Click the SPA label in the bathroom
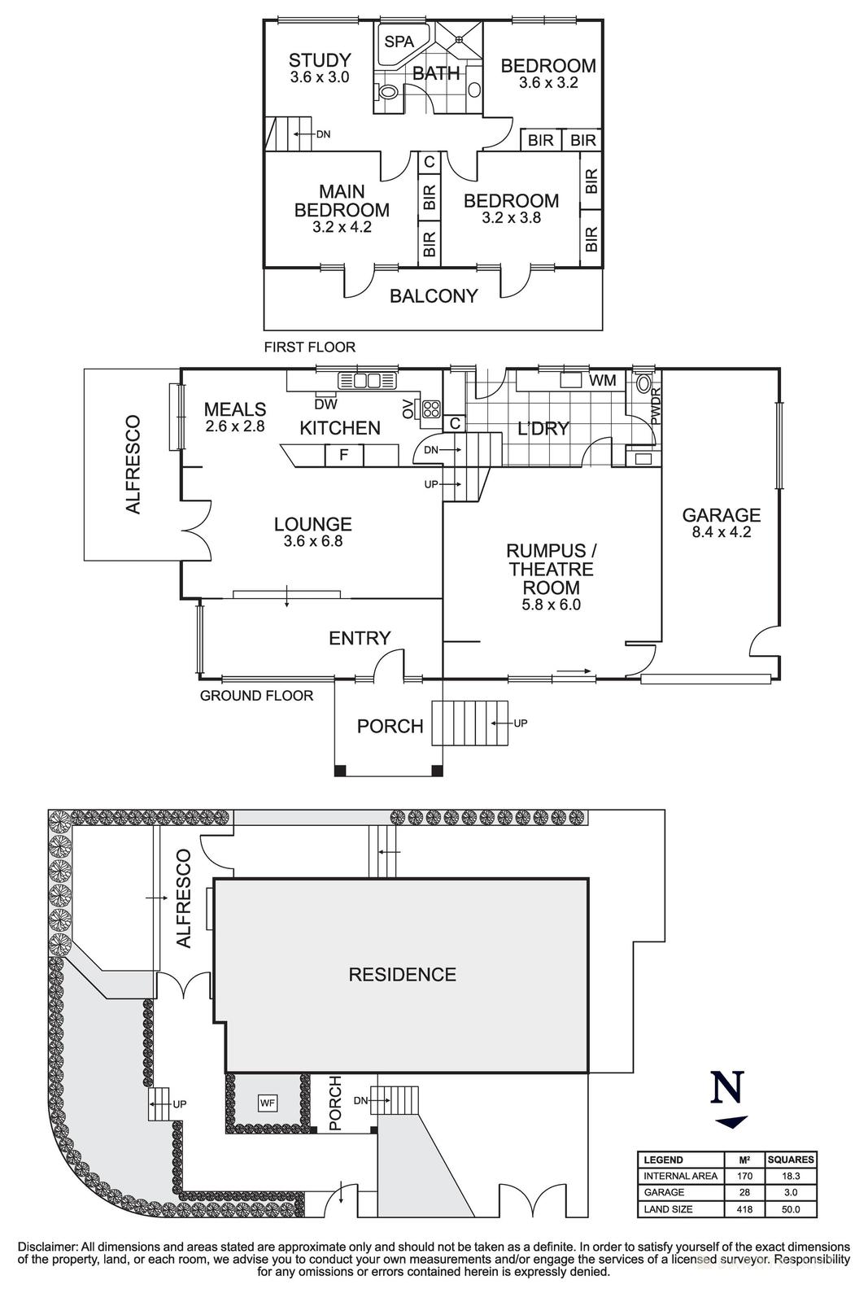(399, 42)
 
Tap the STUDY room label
(320, 60)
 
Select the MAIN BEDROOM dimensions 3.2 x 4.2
(342, 227)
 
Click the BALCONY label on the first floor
(433, 296)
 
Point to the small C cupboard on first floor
(429, 163)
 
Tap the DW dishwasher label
(325, 403)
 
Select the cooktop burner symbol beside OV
(430, 409)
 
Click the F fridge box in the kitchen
(343, 455)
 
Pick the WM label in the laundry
(602, 380)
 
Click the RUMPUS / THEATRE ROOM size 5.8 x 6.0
(551, 605)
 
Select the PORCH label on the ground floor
(390, 726)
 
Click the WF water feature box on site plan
(268, 1103)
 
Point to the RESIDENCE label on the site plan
(402, 974)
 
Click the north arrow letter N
(727, 1087)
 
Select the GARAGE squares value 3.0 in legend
(790, 1192)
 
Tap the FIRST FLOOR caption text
(309, 347)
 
